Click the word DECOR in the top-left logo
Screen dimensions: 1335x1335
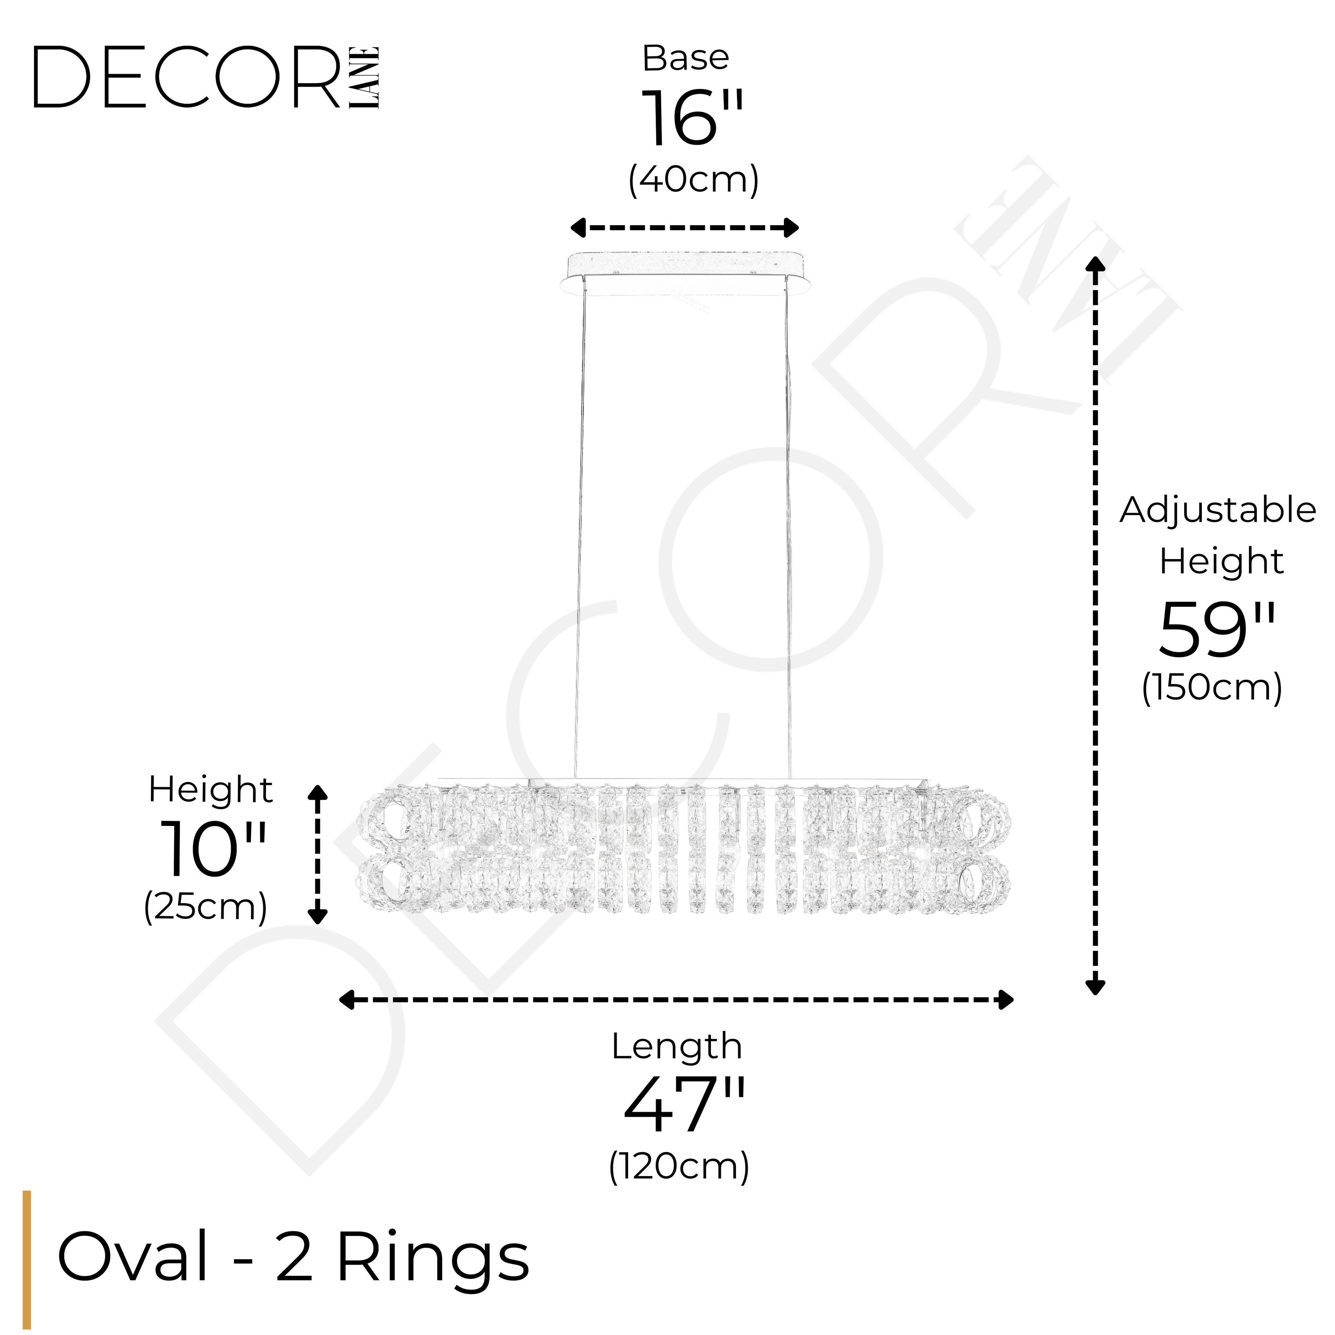coord(187,78)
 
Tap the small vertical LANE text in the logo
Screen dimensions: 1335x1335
coord(364,78)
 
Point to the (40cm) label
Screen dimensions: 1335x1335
coord(693,180)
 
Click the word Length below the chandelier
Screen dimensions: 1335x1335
coord(677,1047)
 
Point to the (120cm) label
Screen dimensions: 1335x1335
coord(679,1166)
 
